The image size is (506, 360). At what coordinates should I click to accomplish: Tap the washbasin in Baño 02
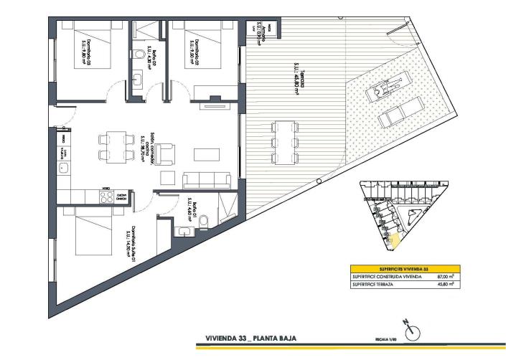(136, 80)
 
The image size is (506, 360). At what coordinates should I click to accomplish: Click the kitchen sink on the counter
(64, 169)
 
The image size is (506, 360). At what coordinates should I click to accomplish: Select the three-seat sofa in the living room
(207, 181)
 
